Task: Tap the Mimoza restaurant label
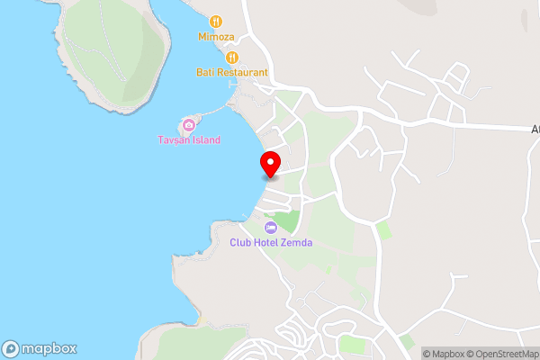click(216, 37)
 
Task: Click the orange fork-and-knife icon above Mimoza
click(216, 21)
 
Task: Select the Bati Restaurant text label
click(231, 72)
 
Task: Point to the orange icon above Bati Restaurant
click(231, 57)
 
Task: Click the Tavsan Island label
click(189, 139)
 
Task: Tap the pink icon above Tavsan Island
click(189, 123)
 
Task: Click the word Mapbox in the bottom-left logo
click(49, 349)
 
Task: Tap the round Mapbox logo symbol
click(12, 349)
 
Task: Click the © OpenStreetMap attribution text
click(505, 354)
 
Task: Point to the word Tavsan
click(174, 139)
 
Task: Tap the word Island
click(205, 139)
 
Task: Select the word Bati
click(204, 72)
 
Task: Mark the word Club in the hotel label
click(239, 241)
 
